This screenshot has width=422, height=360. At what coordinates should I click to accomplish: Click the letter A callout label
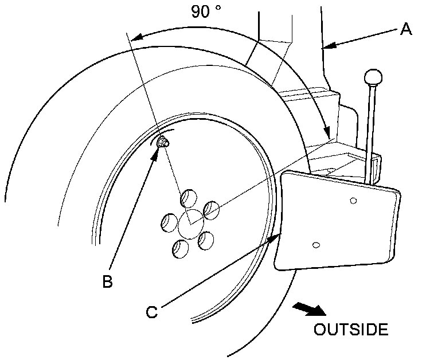coord(406,29)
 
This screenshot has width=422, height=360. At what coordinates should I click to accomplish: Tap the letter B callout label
coord(107,281)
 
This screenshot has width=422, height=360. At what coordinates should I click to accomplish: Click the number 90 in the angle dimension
coord(201,11)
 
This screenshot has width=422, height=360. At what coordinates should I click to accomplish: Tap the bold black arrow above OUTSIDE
coord(309,309)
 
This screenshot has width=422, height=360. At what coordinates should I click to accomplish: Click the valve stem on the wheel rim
coord(164,142)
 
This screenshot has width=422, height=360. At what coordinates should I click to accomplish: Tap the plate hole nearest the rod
coord(353,200)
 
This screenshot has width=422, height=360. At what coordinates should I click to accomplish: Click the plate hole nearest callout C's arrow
coord(315,245)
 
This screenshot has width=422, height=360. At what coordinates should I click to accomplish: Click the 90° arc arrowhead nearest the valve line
coord(135,38)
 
